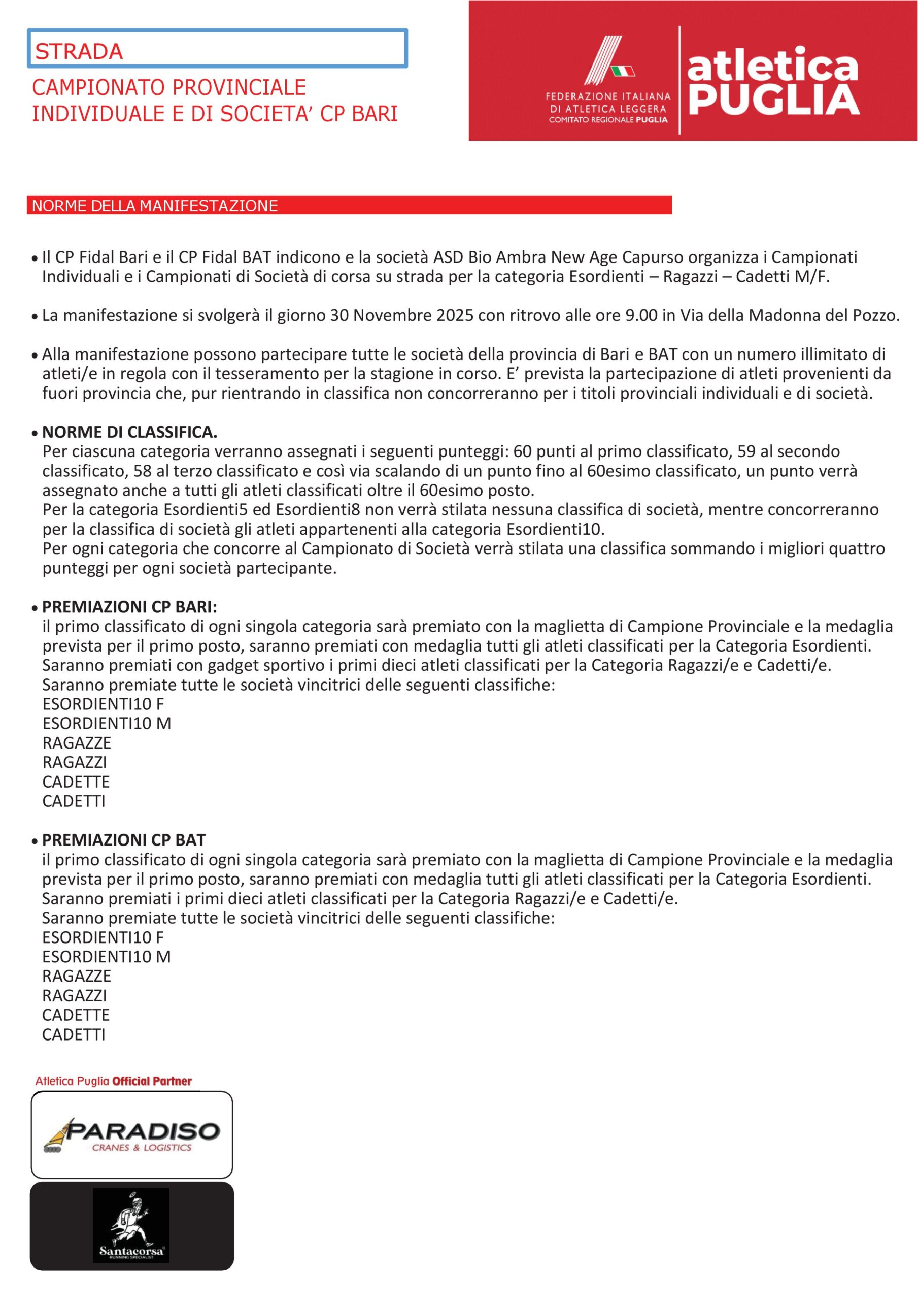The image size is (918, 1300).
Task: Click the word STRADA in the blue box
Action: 79,51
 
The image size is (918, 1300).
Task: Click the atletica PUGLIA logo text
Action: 772,82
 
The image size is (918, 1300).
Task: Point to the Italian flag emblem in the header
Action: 623,71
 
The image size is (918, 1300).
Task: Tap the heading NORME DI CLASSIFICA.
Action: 129,432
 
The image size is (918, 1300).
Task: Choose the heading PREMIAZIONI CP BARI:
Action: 129,606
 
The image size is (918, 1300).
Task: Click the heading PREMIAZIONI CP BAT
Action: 124,840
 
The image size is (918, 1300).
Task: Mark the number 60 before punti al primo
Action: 522,451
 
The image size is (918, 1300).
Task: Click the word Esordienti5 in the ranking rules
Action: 206,509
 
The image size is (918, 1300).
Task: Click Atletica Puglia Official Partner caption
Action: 113,1081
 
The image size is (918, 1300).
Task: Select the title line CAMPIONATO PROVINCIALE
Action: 168,87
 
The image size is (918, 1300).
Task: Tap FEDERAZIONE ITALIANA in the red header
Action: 608,97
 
